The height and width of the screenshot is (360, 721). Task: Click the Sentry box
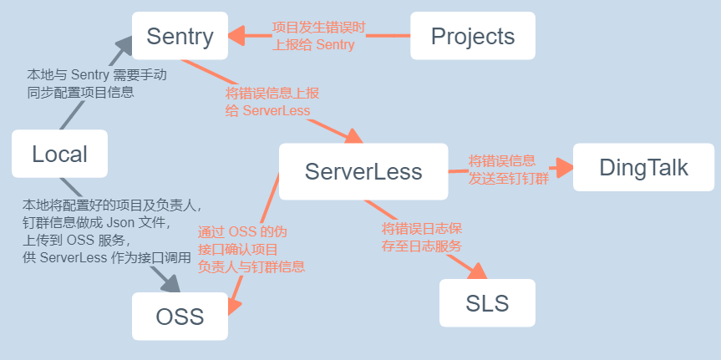point(180,36)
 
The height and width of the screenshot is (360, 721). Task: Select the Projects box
point(472,36)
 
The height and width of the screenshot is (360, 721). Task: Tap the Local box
point(59,154)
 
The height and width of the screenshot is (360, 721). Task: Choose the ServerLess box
point(363,171)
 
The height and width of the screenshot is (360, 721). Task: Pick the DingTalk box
point(643,167)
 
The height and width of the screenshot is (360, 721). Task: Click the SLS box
point(487,302)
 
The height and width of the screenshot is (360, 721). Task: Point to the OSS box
point(180,317)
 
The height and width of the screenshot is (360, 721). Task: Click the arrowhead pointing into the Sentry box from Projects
point(236,36)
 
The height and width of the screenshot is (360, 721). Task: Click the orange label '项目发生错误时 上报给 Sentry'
point(318,36)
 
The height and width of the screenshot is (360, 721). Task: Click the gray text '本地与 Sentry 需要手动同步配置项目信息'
point(96,84)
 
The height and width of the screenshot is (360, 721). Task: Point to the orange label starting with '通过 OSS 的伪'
point(251,250)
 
